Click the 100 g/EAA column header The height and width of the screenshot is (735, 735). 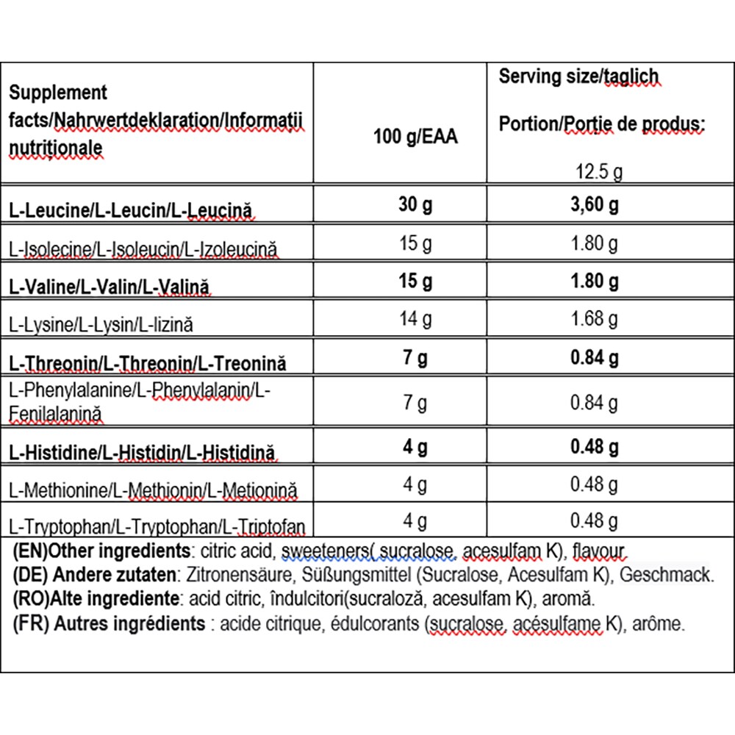pos(415,137)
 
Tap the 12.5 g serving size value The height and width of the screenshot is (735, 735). pos(599,173)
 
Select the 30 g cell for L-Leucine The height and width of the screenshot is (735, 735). pos(415,205)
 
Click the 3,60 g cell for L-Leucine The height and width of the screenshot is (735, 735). pos(595,205)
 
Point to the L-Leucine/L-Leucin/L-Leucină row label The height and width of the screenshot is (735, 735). pos(132,209)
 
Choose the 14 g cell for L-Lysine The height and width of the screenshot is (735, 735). pos(415,319)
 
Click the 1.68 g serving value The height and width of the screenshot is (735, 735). pos(595,319)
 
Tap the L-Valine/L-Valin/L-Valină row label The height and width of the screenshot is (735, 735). pos(110,284)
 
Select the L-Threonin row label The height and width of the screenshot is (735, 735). pos(147,362)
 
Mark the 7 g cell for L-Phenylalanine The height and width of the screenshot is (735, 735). pos(415,403)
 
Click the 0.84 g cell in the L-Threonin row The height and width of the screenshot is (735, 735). pos(595,358)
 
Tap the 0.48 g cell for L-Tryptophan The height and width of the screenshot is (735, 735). pos(595,521)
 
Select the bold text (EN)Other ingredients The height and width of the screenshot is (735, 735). pos(100,551)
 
